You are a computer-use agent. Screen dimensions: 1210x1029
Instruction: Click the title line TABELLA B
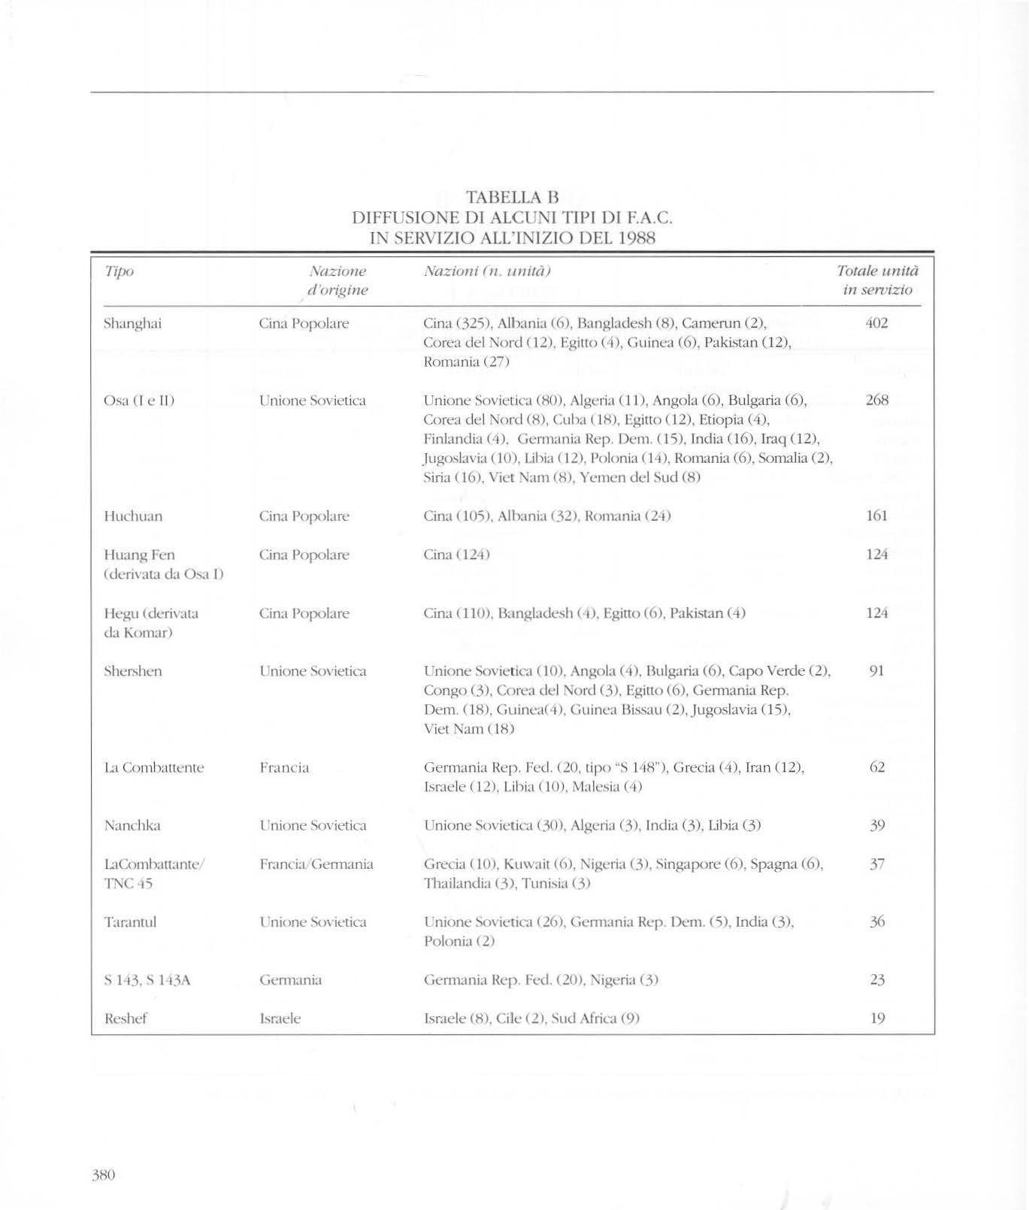pos(513,198)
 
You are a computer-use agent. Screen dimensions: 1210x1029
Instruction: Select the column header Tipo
pos(119,271)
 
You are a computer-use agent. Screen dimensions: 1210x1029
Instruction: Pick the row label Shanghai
pos(132,324)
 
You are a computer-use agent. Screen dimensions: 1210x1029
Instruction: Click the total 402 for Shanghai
pos(876,323)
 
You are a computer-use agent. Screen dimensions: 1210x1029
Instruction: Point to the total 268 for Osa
pos(876,401)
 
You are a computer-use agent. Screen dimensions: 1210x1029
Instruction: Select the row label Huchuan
pos(133,516)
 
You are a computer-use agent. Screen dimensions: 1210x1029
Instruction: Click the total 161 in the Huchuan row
pos(876,516)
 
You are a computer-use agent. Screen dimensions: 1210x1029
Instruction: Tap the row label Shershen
pos(132,671)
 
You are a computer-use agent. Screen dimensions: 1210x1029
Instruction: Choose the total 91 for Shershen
pos(876,670)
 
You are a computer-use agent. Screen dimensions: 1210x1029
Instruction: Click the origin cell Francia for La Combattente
pos(284,768)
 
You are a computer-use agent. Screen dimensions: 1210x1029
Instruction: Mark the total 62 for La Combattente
pos(876,767)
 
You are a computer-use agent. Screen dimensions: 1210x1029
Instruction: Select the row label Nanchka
pos(132,826)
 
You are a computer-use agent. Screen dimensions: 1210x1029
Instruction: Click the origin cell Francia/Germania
pos(316,864)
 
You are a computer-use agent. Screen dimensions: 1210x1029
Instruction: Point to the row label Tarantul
pos(130,922)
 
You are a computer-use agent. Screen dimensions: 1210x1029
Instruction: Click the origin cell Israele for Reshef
pos(280,1019)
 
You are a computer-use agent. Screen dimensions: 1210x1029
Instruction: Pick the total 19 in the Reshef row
pos(876,1018)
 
